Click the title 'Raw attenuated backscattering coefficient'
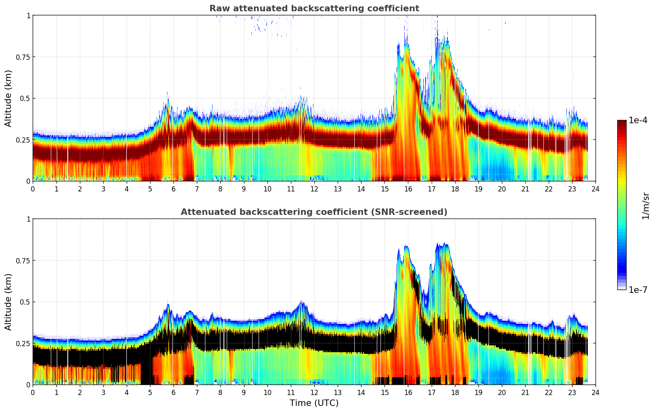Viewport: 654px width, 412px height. (314, 8)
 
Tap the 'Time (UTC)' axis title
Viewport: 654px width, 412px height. (314, 403)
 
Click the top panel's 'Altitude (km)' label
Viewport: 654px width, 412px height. (8, 98)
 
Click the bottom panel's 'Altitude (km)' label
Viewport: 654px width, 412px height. (8, 302)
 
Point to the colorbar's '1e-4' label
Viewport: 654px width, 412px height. (638, 120)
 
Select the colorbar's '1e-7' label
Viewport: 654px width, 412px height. (638, 290)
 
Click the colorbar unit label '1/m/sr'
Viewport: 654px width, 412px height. (646, 206)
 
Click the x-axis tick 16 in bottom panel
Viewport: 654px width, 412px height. (408, 393)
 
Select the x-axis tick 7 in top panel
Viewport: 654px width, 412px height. (197, 189)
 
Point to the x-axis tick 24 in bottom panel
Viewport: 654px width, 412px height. (595, 393)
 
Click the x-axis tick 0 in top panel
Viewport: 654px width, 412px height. (33, 189)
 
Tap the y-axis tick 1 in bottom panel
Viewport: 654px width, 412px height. (28, 219)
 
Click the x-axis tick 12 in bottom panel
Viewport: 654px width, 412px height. (314, 393)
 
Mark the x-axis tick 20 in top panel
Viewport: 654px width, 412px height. (502, 189)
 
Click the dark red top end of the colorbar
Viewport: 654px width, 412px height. (621, 122)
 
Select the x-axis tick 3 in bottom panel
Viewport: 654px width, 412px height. (103, 393)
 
